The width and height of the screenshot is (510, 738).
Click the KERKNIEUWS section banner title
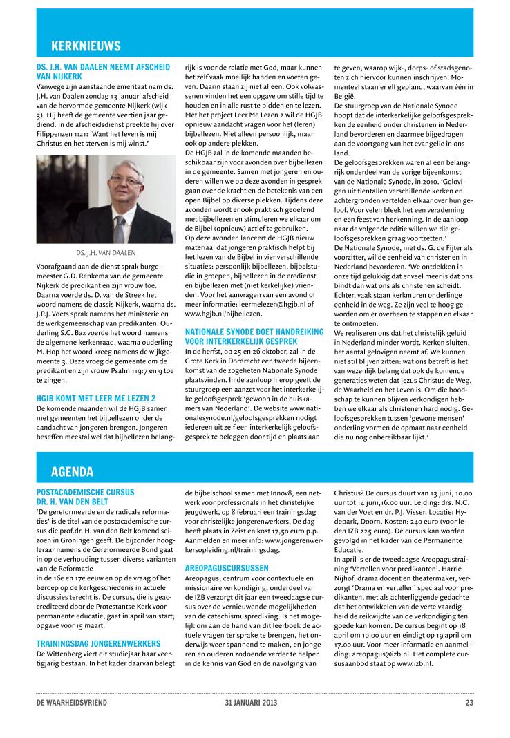coord(86,46)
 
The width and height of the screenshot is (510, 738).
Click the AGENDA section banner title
coord(73,472)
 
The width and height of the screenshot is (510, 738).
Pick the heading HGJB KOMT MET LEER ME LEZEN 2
coord(95,397)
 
